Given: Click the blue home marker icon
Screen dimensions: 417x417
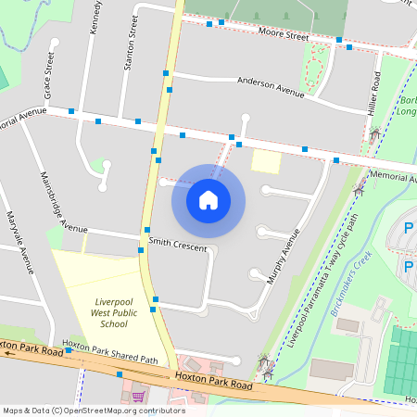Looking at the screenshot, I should (208, 199).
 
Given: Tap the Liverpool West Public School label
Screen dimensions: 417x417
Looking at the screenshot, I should (114, 313).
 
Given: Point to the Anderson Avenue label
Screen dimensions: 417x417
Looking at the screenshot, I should (271, 87).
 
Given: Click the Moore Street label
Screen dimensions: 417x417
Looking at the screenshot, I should (283, 35).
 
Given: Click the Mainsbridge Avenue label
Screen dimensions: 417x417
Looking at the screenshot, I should (63, 201).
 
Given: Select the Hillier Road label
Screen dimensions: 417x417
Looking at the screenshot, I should (375, 94).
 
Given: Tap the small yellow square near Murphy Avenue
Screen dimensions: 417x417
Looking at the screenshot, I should (266, 161).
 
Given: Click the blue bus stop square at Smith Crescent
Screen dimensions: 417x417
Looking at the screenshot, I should (147, 230).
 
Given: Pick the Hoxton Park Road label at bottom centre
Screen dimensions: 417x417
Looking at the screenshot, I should (213, 380).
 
